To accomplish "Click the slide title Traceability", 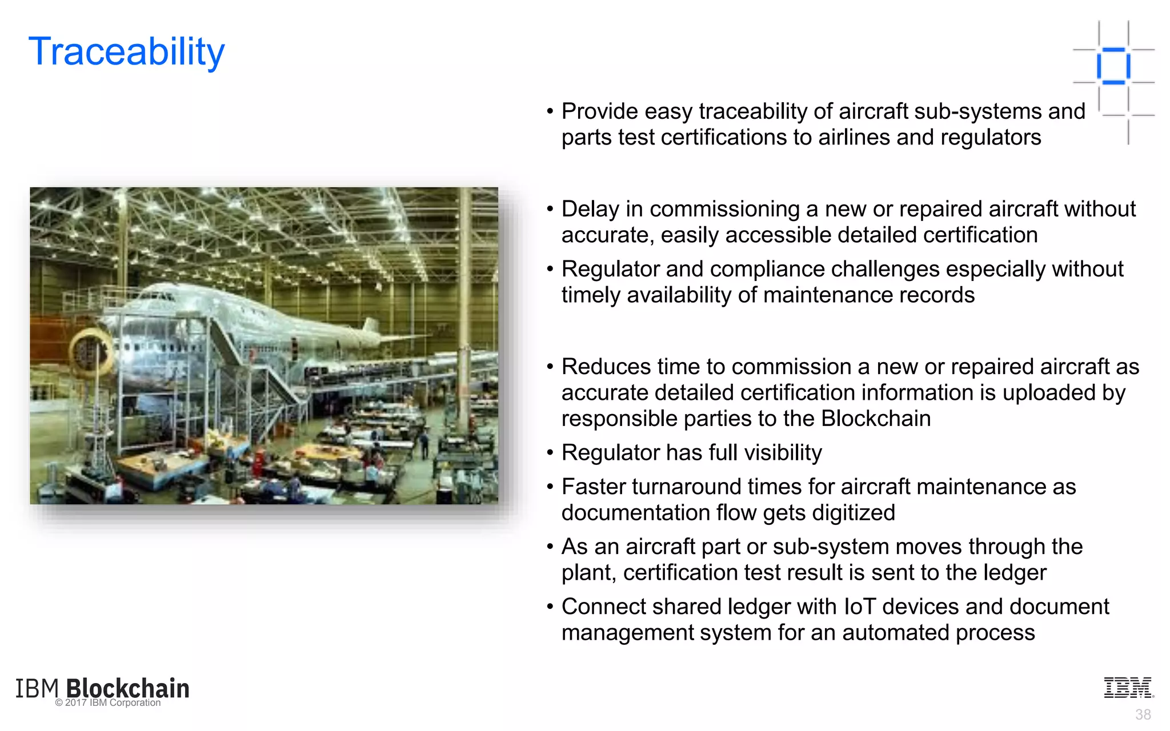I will click(126, 51).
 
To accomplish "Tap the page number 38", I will click(1143, 714).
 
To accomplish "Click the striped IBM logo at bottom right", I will click(1128, 688).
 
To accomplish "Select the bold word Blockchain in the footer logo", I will click(128, 688).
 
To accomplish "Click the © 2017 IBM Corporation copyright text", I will click(108, 703).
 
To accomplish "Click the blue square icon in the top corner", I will click(1113, 66).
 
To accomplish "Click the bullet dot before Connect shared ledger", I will click(550, 607).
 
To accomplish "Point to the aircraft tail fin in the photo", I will click(371, 328).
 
